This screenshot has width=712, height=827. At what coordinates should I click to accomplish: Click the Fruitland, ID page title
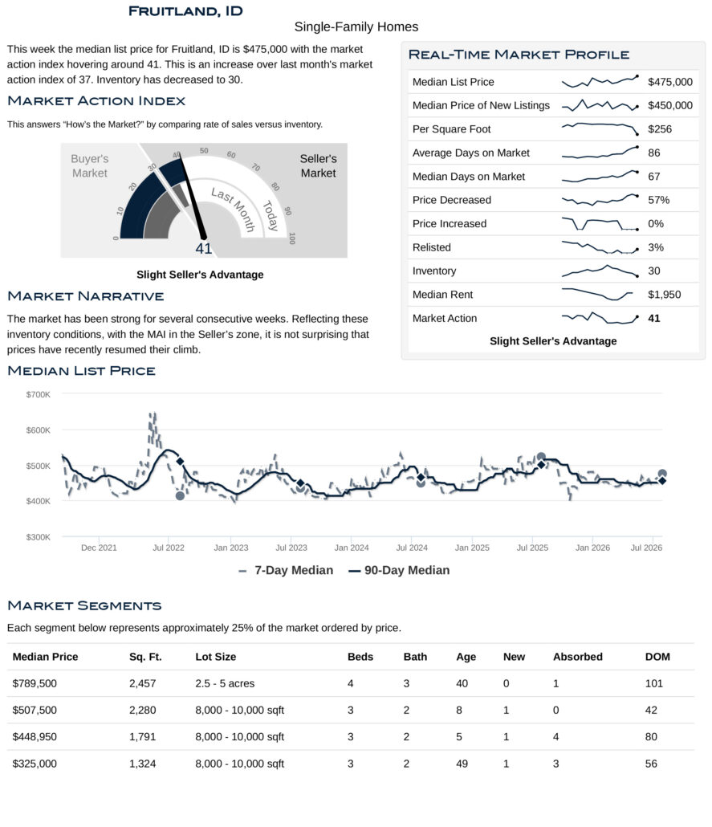pos(185,11)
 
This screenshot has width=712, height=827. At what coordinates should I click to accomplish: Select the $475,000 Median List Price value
pos(669,82)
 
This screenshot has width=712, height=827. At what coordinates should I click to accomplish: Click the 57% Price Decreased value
pos(659,200)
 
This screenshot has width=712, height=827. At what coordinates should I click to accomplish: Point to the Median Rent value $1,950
pos(664,295)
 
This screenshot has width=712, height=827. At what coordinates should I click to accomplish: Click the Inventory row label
pos(434,271)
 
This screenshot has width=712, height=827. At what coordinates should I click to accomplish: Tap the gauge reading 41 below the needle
pos(204,248)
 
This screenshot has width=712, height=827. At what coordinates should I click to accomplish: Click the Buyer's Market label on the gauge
pos(90,165)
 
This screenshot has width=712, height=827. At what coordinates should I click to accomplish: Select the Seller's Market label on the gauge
pos(318,165)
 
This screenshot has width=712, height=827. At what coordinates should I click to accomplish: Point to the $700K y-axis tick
pos(38,394)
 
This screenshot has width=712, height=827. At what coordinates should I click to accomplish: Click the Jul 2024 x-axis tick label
pos(411,548)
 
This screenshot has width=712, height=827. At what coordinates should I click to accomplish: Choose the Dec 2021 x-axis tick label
pos(99,548)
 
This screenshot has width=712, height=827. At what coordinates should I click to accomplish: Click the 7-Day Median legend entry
pos(286,570)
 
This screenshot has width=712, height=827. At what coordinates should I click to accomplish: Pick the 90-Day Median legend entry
pos(399,570)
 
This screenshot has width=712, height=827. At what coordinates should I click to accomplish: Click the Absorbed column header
pos(577,657)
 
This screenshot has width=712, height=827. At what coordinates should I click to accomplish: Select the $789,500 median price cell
pos(35,683)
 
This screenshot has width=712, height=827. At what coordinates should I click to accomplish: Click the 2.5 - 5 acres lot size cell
pos(225,683)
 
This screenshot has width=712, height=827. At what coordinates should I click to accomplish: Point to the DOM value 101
pos(653,683)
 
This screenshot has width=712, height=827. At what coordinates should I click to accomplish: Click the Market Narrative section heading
pos(85,296)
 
